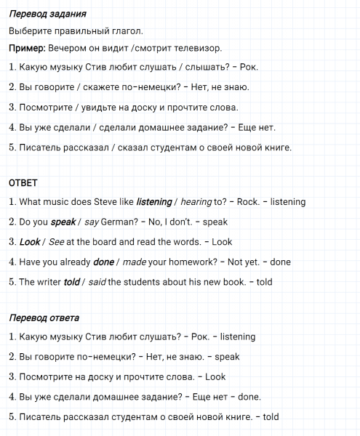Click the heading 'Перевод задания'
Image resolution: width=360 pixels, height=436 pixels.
[48, 15]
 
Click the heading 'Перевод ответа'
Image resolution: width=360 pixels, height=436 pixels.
[44, 318]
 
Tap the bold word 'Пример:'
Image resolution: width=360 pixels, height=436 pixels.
[27, 48]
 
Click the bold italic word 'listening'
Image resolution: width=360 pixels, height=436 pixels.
[153, 202]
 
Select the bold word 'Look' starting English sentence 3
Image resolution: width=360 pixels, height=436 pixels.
[30, 242]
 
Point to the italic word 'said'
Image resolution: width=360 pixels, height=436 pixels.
[97, 282]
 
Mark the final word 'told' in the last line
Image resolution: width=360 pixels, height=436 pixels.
[270, 417]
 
